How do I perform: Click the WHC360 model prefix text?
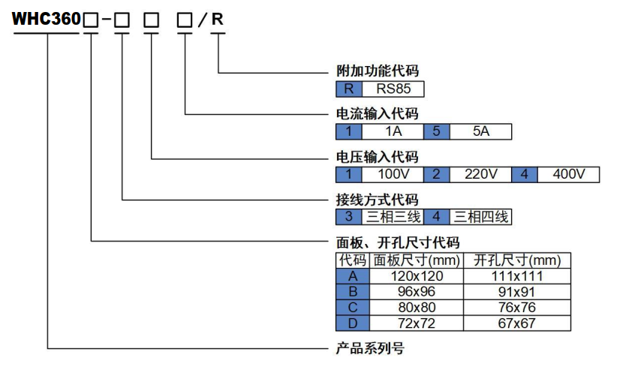46,20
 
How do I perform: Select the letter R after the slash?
217,20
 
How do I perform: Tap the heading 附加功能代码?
377,71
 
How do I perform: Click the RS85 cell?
394,89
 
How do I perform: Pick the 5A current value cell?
480,132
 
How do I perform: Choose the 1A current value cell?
393,132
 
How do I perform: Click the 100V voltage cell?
393,175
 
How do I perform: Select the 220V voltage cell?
480,175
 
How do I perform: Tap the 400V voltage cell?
568,175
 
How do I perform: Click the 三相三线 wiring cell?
393,218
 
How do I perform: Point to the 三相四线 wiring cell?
480,218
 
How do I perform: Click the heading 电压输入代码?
377,157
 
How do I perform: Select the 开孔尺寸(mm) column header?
518,260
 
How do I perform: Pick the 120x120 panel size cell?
417,276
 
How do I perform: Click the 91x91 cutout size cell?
518,292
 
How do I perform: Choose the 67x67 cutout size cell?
518,323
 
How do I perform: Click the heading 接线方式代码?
377,200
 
